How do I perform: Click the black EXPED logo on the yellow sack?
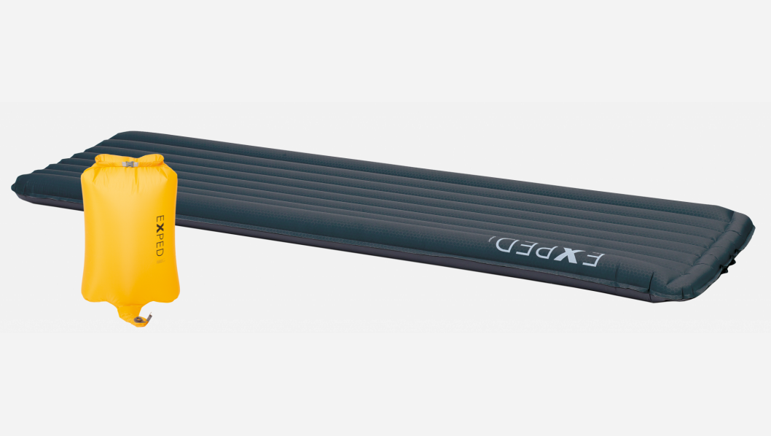(x=160, y=235)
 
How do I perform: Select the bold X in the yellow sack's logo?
(x=160, y=227)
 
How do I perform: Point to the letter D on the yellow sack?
(x=160, y=252)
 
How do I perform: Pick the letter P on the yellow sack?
(x=160, y=236)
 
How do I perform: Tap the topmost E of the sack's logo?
(x=160, y=219)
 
